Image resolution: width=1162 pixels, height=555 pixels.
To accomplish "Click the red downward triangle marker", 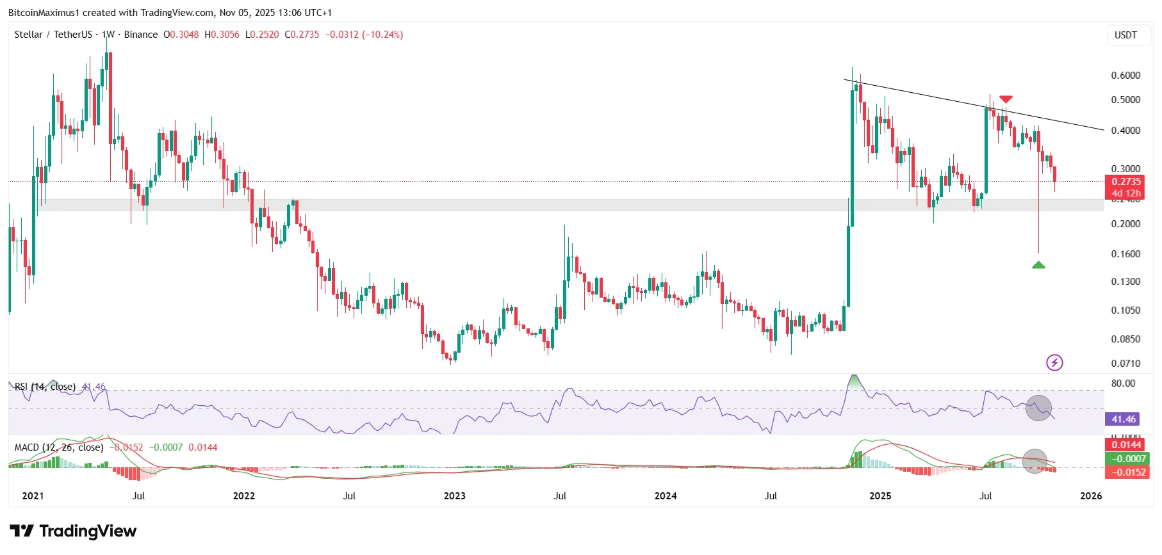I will [x=1006, y=99].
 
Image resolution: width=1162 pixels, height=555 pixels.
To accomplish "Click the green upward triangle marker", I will [x=1038, y=265].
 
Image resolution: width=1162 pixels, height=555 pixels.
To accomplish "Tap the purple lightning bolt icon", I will [x=1054, y=363].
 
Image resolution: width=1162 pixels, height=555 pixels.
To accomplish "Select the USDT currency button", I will [x=1125, y=35].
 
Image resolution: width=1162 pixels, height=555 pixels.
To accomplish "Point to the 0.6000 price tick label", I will [x=1125, y=76].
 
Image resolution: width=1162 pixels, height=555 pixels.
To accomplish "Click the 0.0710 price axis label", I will [x=1125, y=364].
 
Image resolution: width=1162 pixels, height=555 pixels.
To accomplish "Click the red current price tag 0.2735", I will [x=1126, y=182].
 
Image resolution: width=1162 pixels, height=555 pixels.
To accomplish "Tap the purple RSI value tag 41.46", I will [x=1124, y=419].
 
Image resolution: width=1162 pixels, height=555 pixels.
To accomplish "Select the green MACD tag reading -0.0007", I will [x=1127, y=458].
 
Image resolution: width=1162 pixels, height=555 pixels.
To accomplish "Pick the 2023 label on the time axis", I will [x=454, y=496].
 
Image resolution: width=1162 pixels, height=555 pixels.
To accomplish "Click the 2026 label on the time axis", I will [x=1091, y=496].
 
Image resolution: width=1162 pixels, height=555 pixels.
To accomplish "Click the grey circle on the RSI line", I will [x=1038, y=408].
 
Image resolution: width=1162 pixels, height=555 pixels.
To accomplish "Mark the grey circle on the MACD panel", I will [x=1035, y=461].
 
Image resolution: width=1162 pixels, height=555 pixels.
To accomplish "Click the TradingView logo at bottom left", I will [x=73, y=531].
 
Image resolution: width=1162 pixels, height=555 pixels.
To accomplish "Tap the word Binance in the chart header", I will [x=141, y=35].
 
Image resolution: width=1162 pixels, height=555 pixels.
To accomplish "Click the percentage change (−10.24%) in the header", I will [x=382, y=35].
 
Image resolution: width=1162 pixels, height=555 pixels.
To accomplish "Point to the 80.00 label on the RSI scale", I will [x=1123, y=383].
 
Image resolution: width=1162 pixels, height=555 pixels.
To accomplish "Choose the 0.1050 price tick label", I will [x=1125, y=310].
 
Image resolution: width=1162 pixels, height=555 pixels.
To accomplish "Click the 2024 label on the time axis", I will [x=666, y=496].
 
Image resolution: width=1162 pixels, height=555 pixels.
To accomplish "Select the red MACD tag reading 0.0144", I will [x=1126, y=445].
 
